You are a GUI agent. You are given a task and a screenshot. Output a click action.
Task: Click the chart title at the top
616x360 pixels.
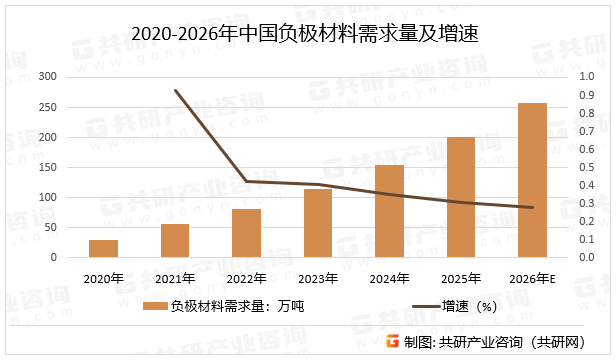tap(307, 33)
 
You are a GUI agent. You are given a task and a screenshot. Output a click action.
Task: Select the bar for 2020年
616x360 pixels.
tap(103, 248)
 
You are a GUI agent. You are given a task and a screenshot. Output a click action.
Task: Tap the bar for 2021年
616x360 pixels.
tap(175, 240)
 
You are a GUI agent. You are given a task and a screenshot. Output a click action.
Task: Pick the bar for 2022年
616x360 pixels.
tap(246, 233)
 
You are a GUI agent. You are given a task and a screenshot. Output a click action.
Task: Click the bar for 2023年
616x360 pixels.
tap(318, 223)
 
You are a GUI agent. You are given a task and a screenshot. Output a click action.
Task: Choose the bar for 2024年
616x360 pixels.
tap(389, 211)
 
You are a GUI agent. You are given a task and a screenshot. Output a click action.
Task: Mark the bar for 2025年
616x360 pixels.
tap(460, 197)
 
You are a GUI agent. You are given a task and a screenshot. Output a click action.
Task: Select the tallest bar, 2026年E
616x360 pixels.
tap(532, 180)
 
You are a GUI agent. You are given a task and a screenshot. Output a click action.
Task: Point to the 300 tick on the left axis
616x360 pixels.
tap(47, 76)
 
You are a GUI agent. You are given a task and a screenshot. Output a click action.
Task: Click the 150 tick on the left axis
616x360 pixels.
tap(47, 167)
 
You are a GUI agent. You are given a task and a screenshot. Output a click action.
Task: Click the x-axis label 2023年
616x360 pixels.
tap(318, 277)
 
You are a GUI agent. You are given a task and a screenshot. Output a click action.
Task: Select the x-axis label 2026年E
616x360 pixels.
tap(532, 277)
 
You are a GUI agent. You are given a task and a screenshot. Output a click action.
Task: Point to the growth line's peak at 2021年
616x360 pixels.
tap(175, 91)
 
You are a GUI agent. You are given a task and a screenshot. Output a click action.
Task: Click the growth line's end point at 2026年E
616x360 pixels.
tap(532, 208)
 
